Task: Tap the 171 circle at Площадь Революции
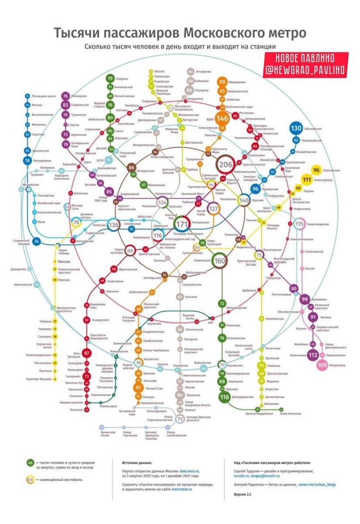(182, 223)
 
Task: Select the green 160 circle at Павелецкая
(220, 260)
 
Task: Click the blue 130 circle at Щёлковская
(296, 129)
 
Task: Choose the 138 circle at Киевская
(114, 224)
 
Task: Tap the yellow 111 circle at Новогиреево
(307, 179)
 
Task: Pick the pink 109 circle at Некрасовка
(322, 365)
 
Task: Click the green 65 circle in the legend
(31, 463)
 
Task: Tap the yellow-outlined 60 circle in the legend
(31, 479)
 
